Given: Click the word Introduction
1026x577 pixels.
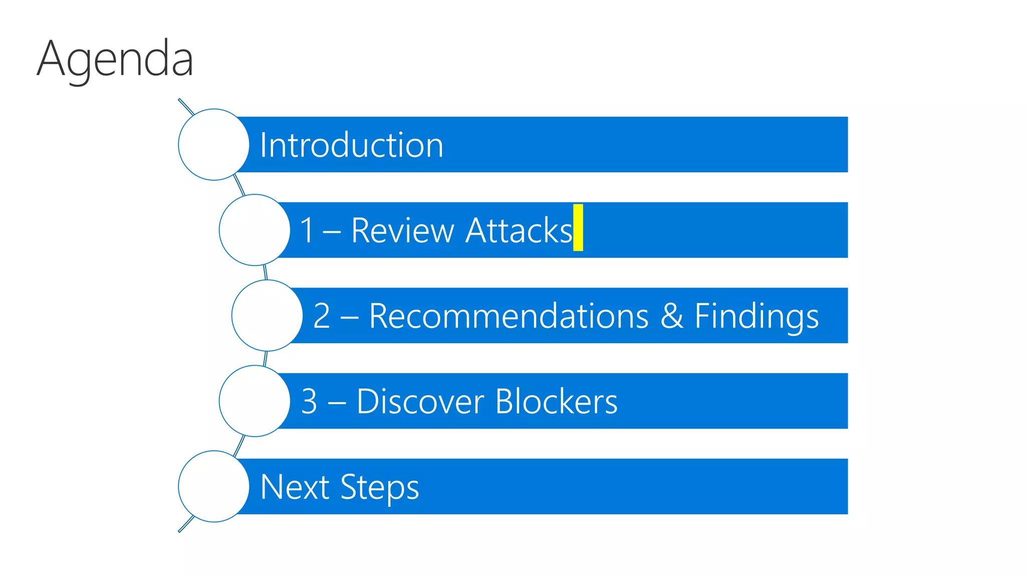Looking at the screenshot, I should click(x=351, y=145).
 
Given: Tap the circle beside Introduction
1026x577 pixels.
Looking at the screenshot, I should click(x=214, y=145).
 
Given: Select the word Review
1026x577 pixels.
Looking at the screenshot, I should click(x=402, y=231).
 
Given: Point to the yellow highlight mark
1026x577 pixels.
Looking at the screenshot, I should click(x=578, y=227).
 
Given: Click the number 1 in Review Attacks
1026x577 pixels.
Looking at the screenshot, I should click(x=307, y=231).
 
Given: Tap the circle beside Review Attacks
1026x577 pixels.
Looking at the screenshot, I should click(x=254, y=230).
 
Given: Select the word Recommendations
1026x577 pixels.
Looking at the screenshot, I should click(x=508, y=316).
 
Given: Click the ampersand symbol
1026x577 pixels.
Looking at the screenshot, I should click(x=672, y=316).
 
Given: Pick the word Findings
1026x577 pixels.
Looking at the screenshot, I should click(x=756, y=317).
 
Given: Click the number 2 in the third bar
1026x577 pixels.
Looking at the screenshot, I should click(x=322, y=316).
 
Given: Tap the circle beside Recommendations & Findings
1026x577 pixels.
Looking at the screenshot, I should click(x=267, y=316).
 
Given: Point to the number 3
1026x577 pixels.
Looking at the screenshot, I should click(x=309, y=402).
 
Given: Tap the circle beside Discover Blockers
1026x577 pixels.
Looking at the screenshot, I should click(x=254, y=401).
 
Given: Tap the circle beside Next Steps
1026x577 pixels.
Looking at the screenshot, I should click(x=214, y=486).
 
